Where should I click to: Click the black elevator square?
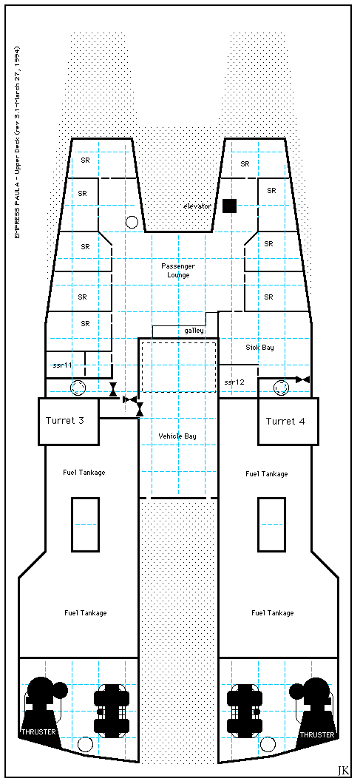(x=229, y=206)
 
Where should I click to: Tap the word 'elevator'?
(x=197, y=206)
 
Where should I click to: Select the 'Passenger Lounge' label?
(x=175, y=271)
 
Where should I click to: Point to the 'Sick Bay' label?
(x=259, y=347)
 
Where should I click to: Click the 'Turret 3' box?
(x=69, y=421)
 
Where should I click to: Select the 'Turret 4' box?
(x=288, y=421)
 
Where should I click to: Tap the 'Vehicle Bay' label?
(x=177, y=436)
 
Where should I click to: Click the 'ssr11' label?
(x=62, y=365)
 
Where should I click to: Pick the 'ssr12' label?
(x=234, y=382)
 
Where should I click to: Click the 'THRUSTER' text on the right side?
(x=317, y=734)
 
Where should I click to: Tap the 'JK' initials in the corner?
(x=343, y=769)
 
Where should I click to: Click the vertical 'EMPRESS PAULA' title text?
(x=17, y=142)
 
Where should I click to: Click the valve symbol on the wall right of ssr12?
(x=302, y=379)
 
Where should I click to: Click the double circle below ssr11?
(x=78, y=388)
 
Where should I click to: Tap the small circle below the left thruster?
(x=86, y=744)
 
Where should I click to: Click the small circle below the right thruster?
(x=268, y=744)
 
